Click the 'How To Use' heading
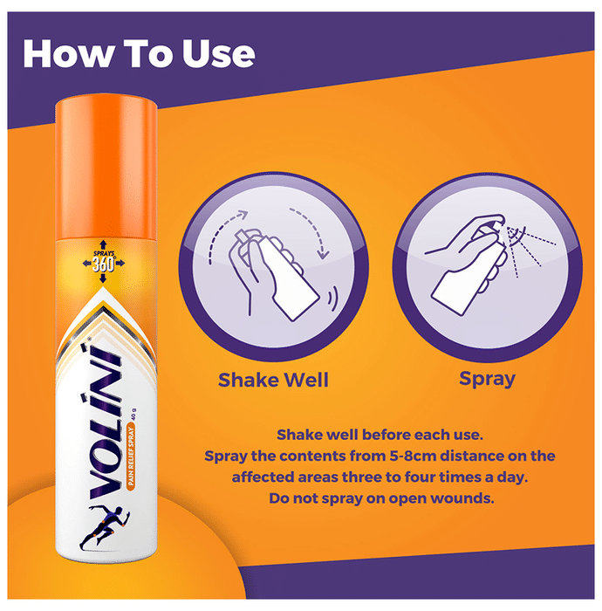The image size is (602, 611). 139,54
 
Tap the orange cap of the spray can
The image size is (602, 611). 106,168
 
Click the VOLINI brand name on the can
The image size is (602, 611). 105,421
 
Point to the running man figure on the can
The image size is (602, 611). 105,527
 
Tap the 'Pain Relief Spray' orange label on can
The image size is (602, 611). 131,457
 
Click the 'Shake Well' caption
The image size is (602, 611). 273,380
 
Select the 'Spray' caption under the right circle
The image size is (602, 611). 487,379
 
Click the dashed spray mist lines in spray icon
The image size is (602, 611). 529,250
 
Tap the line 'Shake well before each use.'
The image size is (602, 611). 380,435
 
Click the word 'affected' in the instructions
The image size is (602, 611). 263,477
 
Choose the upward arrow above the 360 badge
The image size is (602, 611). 103,244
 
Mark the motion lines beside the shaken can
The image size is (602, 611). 332,299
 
